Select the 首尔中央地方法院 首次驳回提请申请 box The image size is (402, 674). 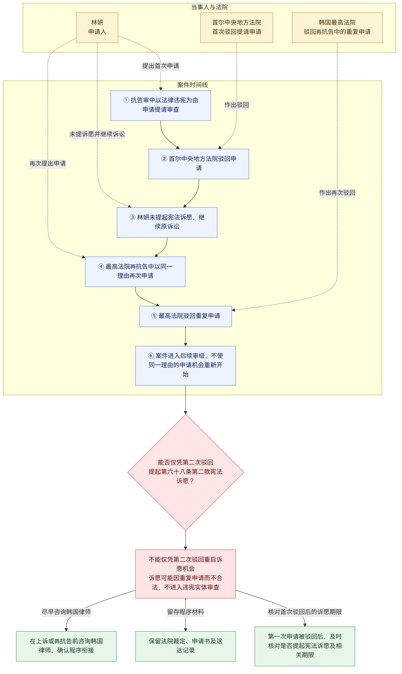[x=236, y=28]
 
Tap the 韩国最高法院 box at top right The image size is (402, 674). [x=337, y=28]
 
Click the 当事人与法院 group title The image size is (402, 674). [x=209, y=7]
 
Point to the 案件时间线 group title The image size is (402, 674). [x=192, y=85]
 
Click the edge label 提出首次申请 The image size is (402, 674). [x=161, y=66]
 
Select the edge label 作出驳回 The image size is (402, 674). [x=236, y=105]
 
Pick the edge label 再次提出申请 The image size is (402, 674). [x=48, y=163]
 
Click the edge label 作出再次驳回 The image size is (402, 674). [x=337, y=193]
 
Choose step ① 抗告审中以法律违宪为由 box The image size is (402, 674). [x=161, y=105]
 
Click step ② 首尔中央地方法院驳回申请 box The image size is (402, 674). [x=198, y=164]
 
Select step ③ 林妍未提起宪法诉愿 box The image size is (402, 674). [x=167, y=222]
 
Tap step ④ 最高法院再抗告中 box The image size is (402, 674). [x=135, y=272]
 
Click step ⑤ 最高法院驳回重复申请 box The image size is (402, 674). [x=185, y=316]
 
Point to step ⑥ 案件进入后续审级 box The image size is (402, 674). [x=185, y=366]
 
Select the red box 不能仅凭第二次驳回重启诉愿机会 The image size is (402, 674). [x=185, y=574]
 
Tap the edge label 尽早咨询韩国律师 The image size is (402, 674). [x=66, y=612]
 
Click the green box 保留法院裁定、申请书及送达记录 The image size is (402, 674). [x=185, y=646]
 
